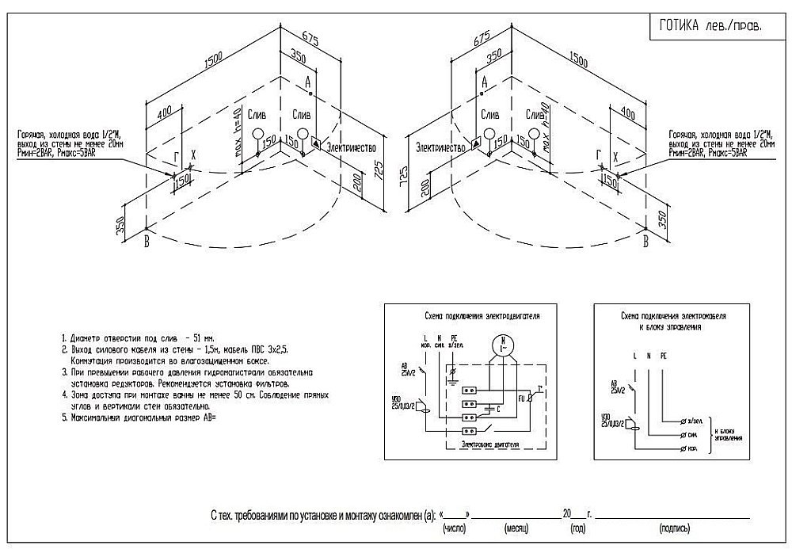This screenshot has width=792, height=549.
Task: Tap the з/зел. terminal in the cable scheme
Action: point(695,418)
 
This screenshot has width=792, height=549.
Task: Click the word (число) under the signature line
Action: point(458,527)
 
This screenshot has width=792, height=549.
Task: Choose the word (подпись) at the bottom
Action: point(673,527)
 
